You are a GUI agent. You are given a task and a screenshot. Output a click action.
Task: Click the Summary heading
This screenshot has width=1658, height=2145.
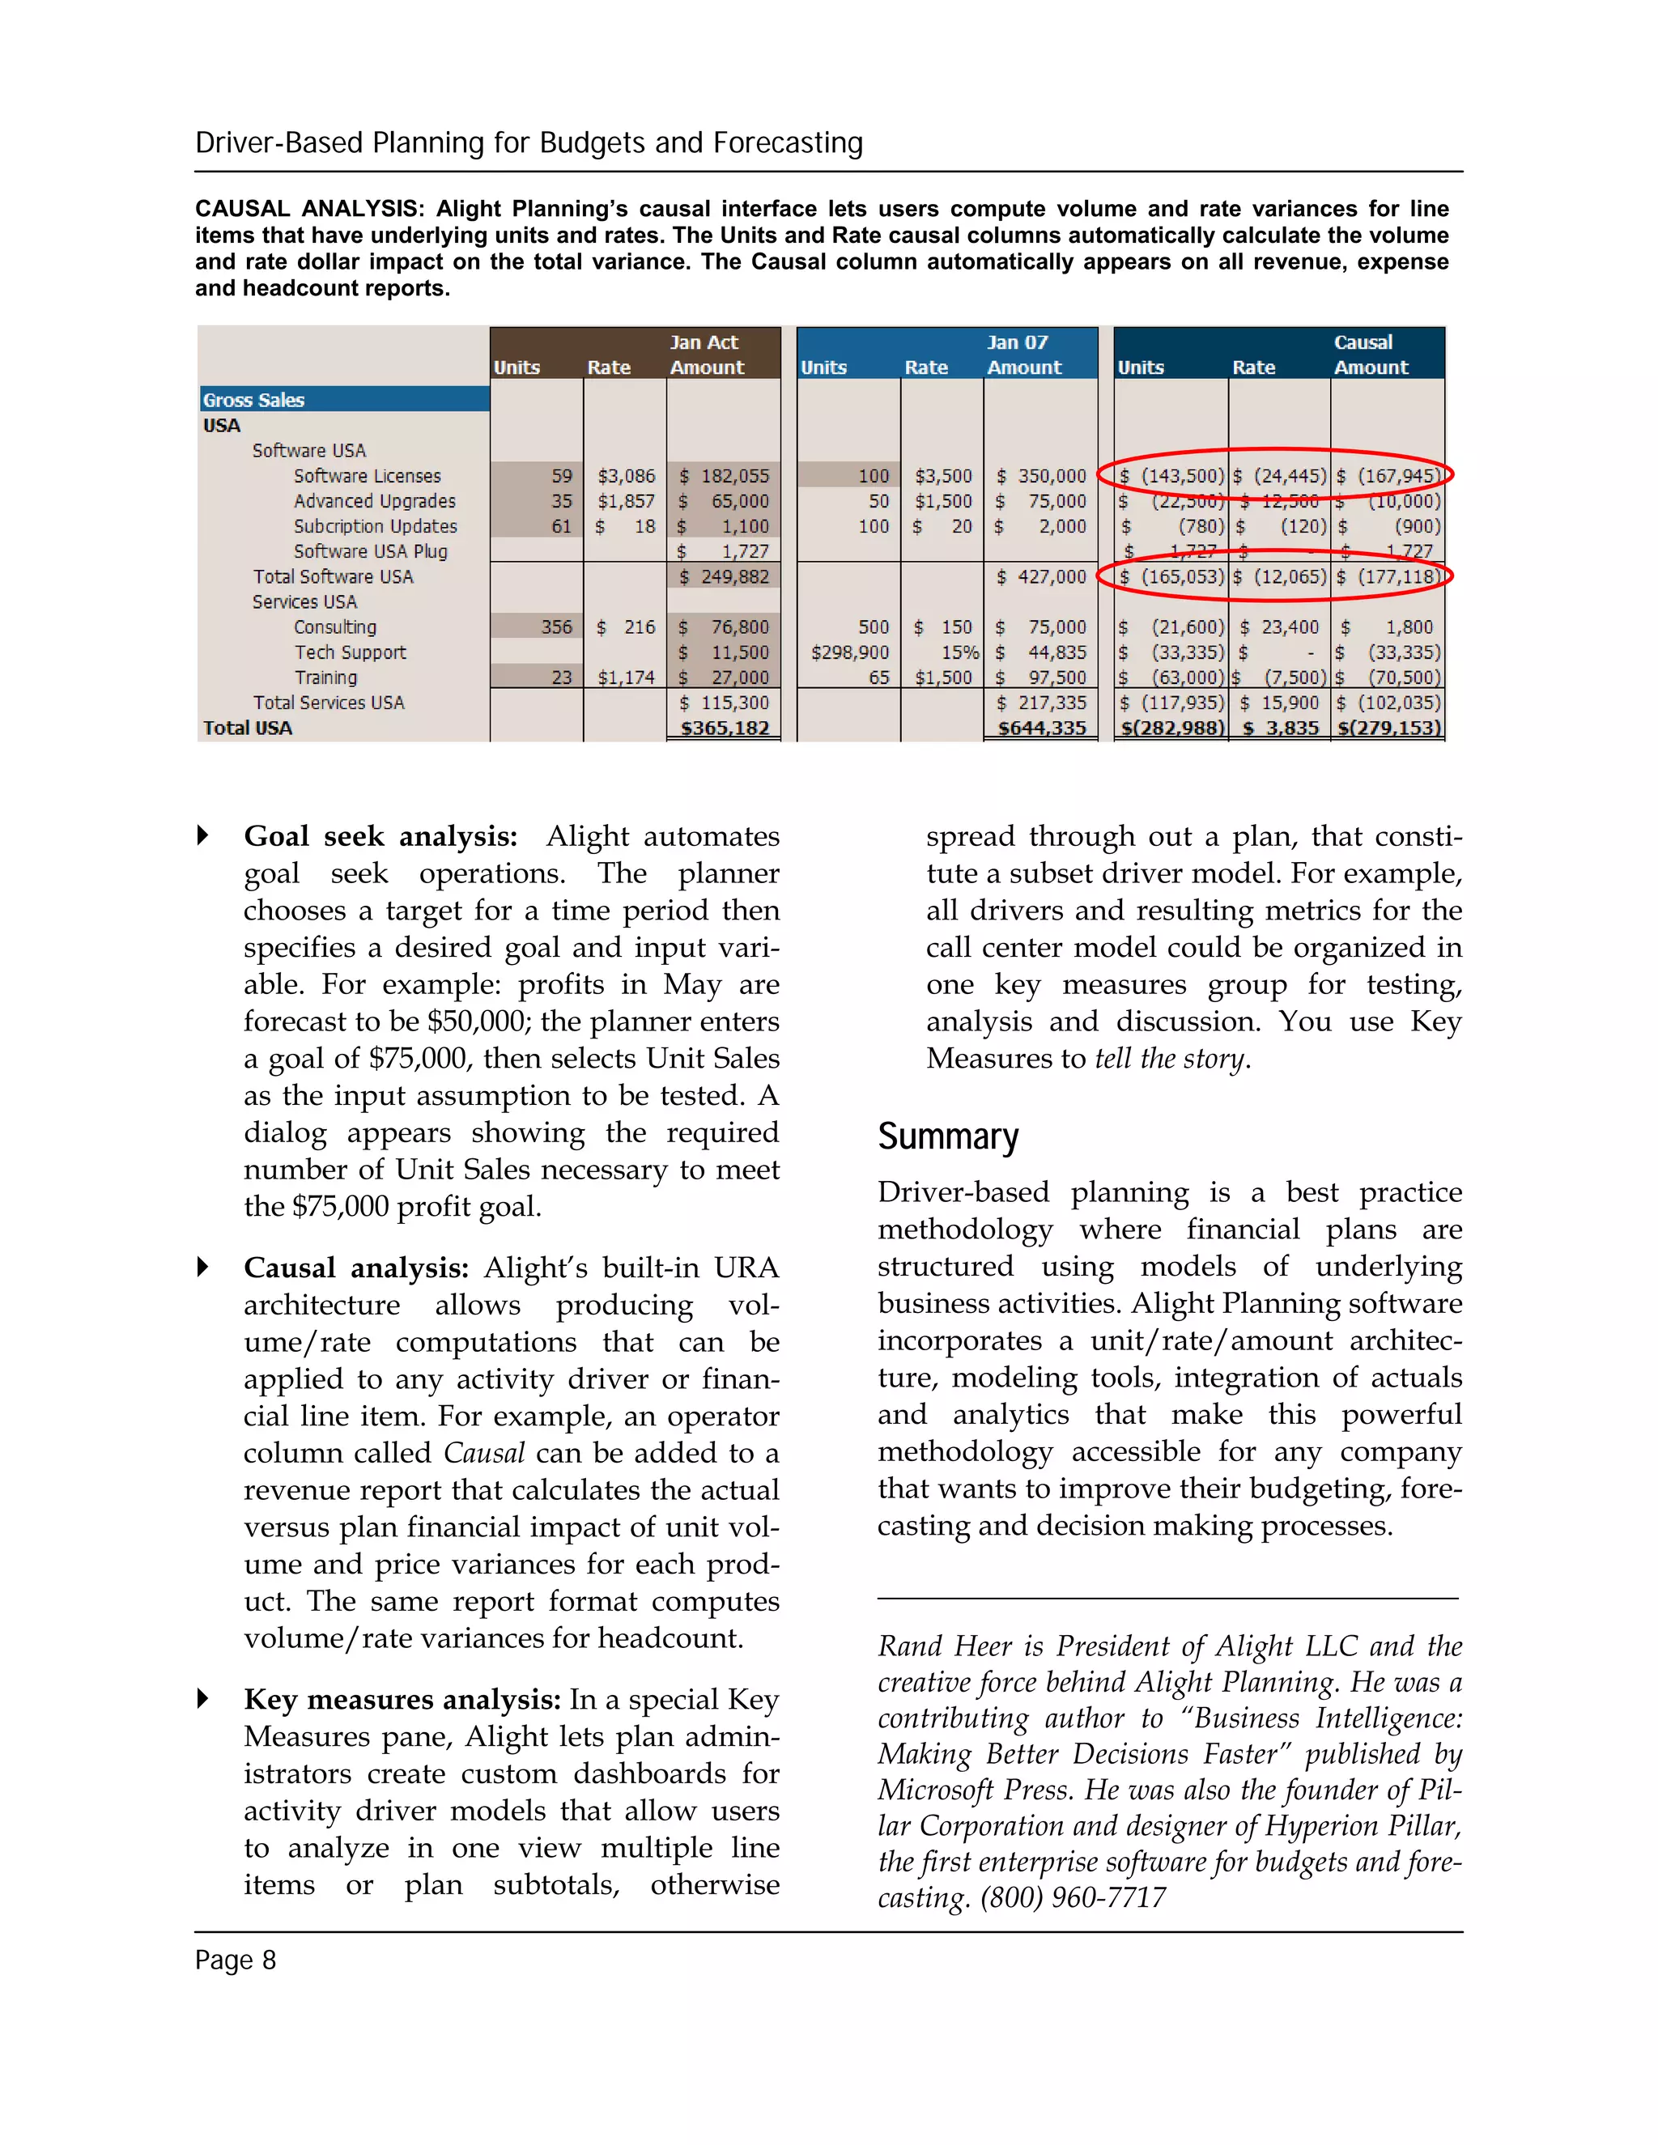click(x=947, y=1136)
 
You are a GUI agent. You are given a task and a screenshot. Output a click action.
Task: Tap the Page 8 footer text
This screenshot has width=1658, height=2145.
click(x=235, y=1960)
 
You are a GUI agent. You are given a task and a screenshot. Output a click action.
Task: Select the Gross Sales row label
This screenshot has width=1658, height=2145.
click(x=253, y=400)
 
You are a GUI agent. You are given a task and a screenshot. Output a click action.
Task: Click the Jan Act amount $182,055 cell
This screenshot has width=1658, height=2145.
click(x=725, y=476)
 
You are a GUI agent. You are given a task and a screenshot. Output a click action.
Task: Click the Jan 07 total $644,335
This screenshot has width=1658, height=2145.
click(x=1041, y=728)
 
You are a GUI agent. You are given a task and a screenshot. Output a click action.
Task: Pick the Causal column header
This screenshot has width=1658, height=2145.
click(x=1363, y=342)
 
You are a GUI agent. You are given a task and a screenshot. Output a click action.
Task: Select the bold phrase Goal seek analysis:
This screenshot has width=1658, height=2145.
click(x=380, y=836)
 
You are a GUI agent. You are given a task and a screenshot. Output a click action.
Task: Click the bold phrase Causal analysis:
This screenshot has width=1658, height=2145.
click(x=355, y=1268)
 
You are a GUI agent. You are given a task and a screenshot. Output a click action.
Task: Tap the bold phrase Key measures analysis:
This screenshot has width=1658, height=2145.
click(x=402, y=1699)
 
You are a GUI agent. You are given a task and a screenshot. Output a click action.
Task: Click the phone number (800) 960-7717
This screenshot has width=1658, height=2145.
click(x=1073, y=1897)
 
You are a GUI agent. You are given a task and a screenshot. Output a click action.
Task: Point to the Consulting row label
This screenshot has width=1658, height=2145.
click(x=335, y=627)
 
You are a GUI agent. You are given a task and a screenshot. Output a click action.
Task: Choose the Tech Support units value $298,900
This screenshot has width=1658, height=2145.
click(x=849, y=652)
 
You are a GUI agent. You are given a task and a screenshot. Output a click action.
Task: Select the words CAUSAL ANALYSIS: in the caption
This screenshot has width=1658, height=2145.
click(x=309, y=208)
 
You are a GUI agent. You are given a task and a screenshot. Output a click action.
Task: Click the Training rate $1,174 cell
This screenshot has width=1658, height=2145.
click(x=626, y=677)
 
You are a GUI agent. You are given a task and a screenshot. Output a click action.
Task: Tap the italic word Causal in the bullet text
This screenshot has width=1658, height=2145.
click(x=483, y=1453)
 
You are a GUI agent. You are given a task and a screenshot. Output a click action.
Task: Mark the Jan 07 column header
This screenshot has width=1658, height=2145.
click(x=1017, y=342)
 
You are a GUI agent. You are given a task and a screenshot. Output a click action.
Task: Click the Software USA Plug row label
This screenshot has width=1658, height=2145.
click(x=370, y=551)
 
